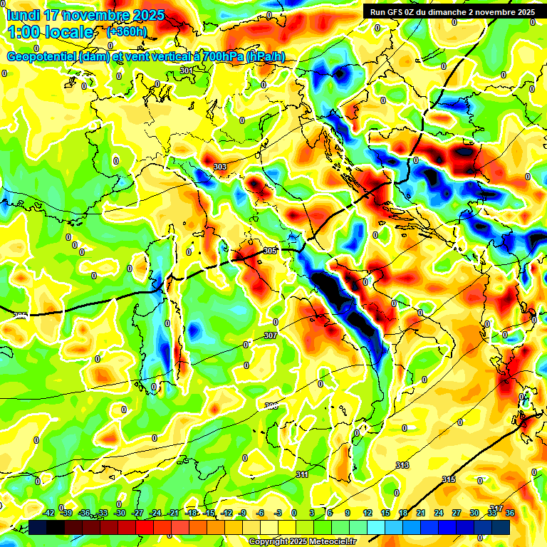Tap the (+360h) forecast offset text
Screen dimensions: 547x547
click(x=127, y=31)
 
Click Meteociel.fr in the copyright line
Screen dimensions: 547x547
click(x=327, y=541)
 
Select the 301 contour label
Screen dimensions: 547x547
click(x=186, y=71)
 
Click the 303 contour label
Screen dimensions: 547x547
click(x=220, y=167)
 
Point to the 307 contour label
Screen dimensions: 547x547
click(x=270, y=335)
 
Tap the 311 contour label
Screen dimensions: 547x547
click(x=302, y=474)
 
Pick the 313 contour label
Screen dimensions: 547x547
click(x=402, y=465)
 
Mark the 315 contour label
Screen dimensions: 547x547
click(x=449, y=480)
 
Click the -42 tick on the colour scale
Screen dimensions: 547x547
click(x=49, y=513)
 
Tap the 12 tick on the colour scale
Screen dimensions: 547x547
click(x=367, y=513)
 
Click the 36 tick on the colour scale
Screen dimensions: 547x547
click(x=509, y=513)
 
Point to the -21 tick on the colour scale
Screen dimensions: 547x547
click(x=173, y=513)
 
